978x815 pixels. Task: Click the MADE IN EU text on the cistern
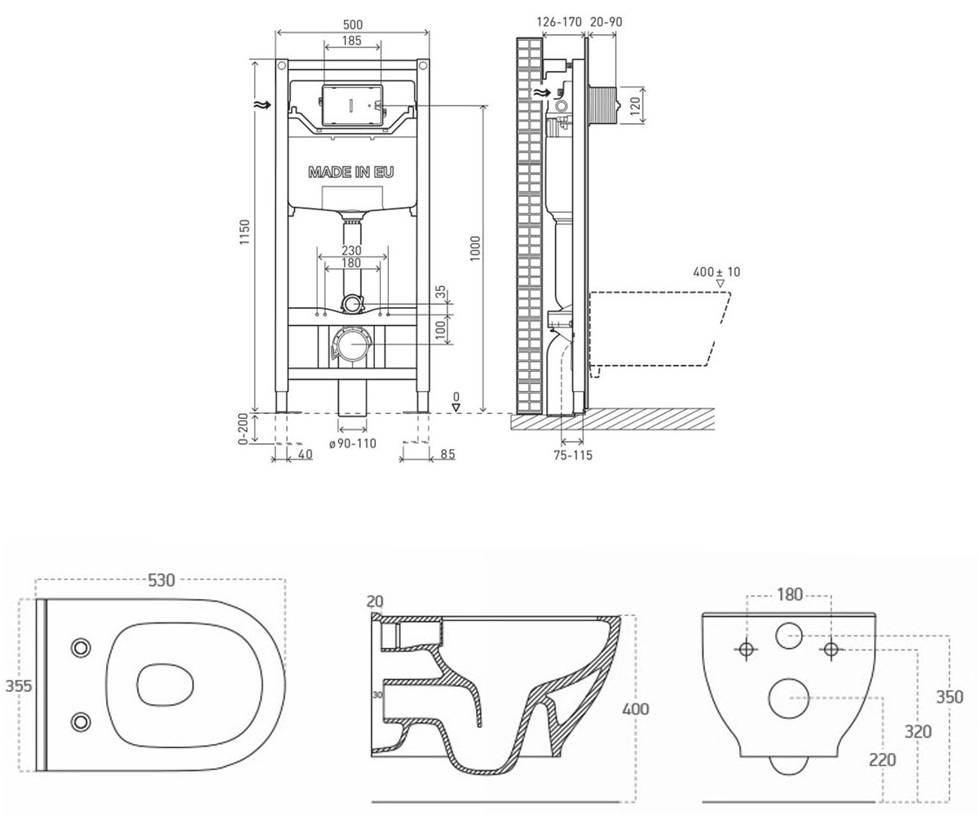pos(350,172)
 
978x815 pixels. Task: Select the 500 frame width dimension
pos(353,24)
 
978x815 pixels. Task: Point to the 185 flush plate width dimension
pos(352,41)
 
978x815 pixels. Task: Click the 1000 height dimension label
pos(475,249)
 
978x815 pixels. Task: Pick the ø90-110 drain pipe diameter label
pos(353,443)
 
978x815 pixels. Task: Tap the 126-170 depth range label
pos(559,22)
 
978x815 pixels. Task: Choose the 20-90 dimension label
pos(606,22)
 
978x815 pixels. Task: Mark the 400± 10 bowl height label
pos(716,271)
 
